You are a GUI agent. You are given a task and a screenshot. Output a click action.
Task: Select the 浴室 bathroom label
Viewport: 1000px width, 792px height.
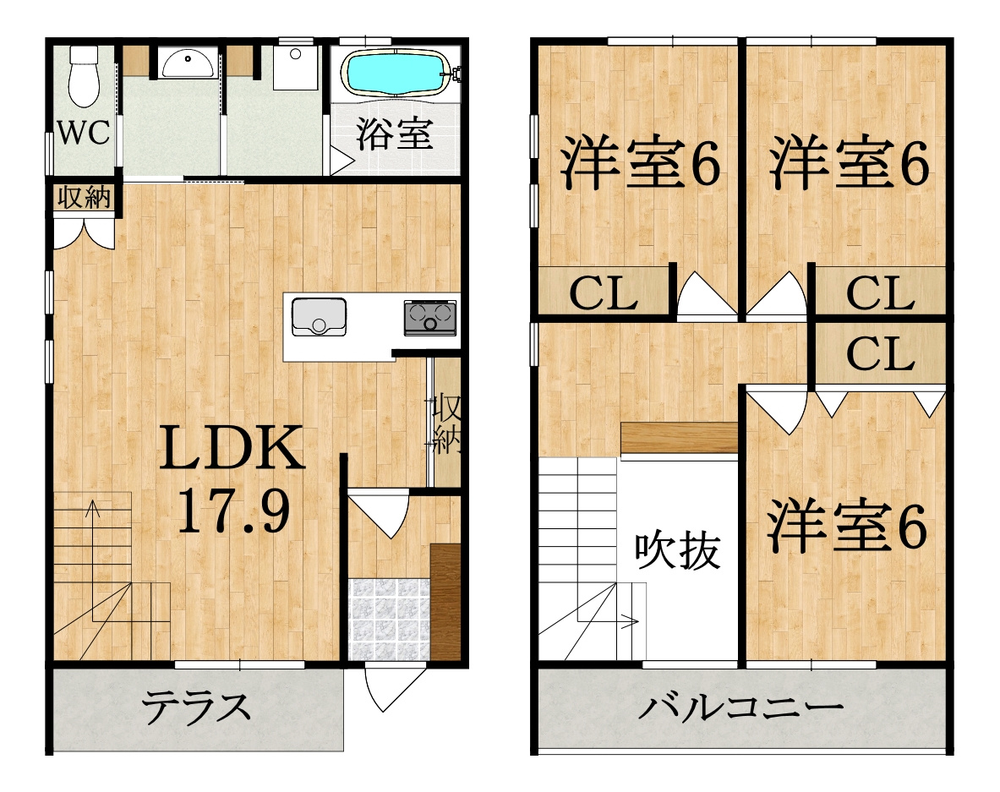tap(394, 134)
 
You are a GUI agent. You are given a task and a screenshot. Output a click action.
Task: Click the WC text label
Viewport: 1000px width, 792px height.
tap(84, 134)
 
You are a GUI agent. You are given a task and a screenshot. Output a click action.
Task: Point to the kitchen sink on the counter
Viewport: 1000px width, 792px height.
tap(319, 317)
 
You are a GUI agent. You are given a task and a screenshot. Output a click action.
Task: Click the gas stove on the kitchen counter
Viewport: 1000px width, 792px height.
tap(429, 317)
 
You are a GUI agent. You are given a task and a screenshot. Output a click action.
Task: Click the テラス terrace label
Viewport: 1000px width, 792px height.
tap(197, 707)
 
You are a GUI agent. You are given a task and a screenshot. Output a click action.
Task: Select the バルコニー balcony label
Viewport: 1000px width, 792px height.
tap(740, 707)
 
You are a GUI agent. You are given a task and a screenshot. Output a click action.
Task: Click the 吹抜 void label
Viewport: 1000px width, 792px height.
tap(678, 550)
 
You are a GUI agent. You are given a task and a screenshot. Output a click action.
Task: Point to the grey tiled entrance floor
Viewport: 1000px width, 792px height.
tap(388, 618)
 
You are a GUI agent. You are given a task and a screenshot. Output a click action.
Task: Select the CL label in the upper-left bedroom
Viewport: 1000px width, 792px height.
tap(603, 294)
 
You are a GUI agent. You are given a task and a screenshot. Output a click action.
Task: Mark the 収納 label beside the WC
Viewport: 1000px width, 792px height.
tap(85, 198)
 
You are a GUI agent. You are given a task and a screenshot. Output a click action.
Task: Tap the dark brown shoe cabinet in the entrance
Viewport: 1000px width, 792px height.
tap(445, 601)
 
